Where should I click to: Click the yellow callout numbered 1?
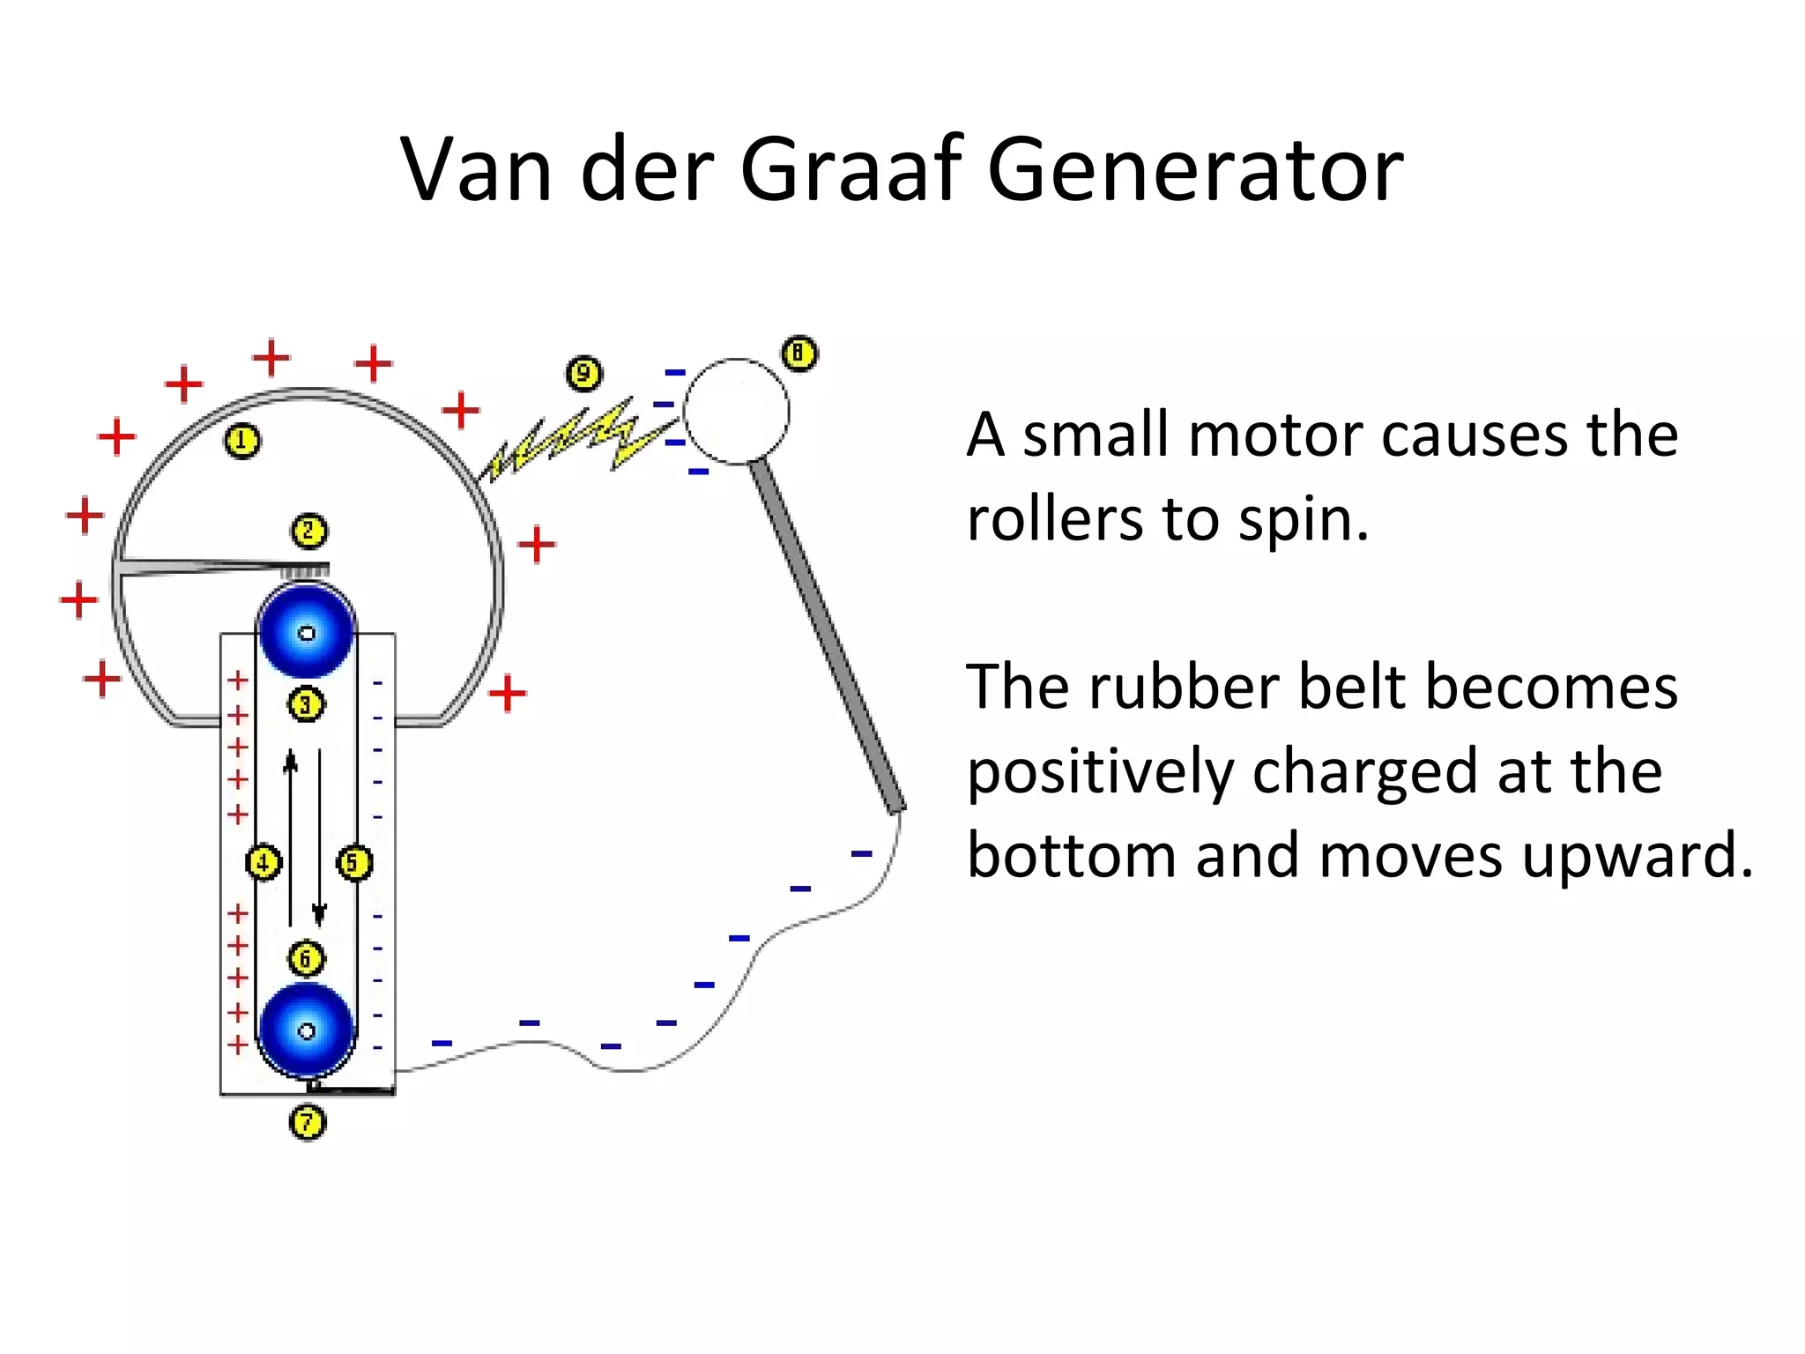[242, 441]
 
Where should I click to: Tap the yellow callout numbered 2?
[308, 532]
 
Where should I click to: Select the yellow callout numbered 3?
[306, 704]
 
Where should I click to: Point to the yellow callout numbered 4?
[264, 862]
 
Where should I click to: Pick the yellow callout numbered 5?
[354, 862]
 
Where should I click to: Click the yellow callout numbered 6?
[306, 958]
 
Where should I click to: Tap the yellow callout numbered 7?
[308, 1122]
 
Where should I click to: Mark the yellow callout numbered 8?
[799, 353]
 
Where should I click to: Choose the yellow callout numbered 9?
[583, 374]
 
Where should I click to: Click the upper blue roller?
[307, 631]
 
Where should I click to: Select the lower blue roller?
[307, 1030]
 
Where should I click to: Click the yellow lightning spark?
[573, 441]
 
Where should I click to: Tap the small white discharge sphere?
[737, 411]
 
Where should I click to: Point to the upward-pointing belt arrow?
[290, 837]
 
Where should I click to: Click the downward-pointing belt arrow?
[320, 837]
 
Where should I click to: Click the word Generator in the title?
[1195, 169]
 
